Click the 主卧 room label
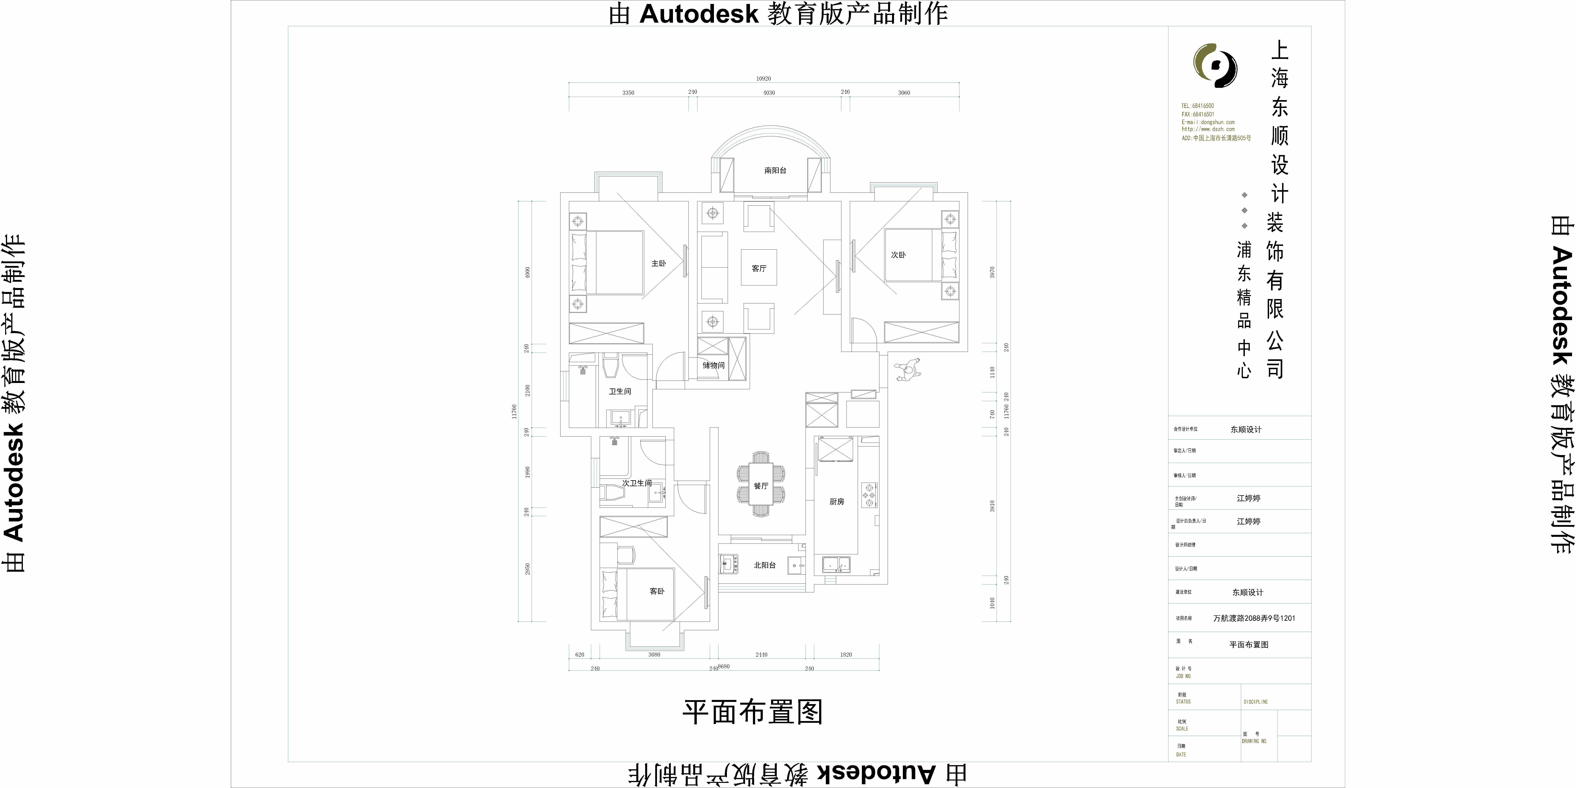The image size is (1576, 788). click(x=658, y=264)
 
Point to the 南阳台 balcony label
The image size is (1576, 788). click(x=775, y=171)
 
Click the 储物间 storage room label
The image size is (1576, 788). click(x=713, y=365)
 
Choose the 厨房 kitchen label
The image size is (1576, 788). click(x=836, y=502)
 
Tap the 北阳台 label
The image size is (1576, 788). click(x=765, y=565)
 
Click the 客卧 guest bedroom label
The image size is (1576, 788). click(x=656, y=591)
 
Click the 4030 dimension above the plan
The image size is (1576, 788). click(x=769, y=93)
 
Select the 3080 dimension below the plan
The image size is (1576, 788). click(x=654, y=655)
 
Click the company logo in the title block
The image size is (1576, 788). click(x=1215, y=65)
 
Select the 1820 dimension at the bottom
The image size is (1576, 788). click(x=846, y=655)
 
